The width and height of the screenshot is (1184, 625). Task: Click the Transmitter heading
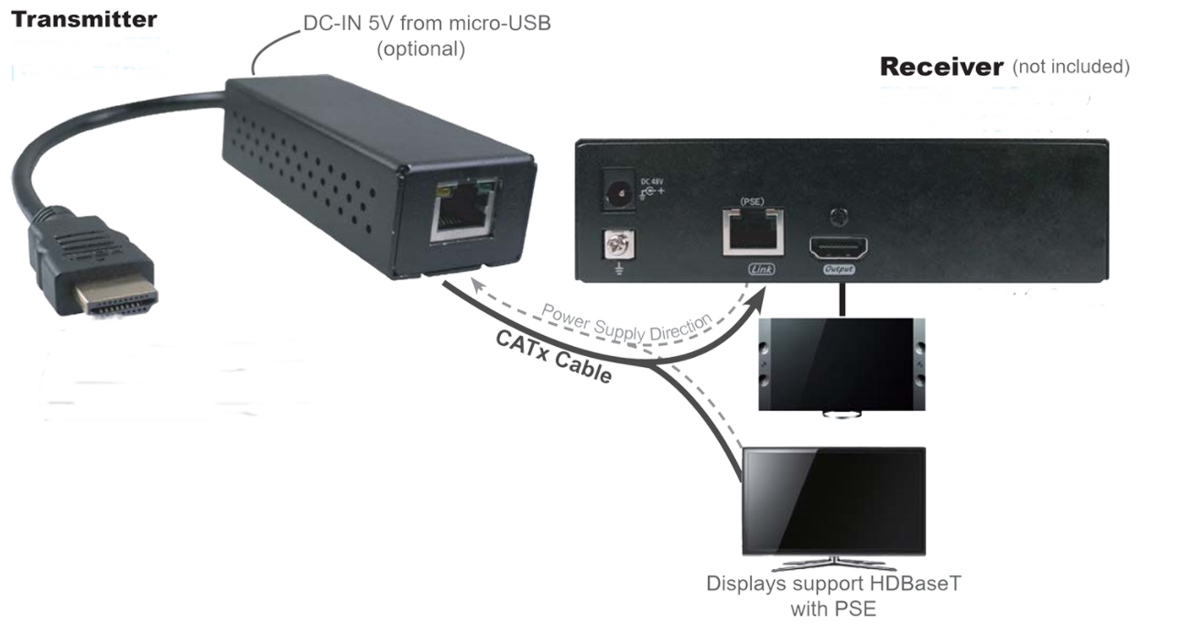(x=83, y=19)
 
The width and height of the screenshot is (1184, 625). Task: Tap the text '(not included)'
(x=1071, y=68)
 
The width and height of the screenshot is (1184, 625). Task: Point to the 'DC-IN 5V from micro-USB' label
(x=427, y=25)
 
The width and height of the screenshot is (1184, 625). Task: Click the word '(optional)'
(x=420, y=48)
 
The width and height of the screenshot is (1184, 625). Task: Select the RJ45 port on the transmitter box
(x=464, y=212)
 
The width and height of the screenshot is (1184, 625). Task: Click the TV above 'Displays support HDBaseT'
(x=832, y=500)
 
